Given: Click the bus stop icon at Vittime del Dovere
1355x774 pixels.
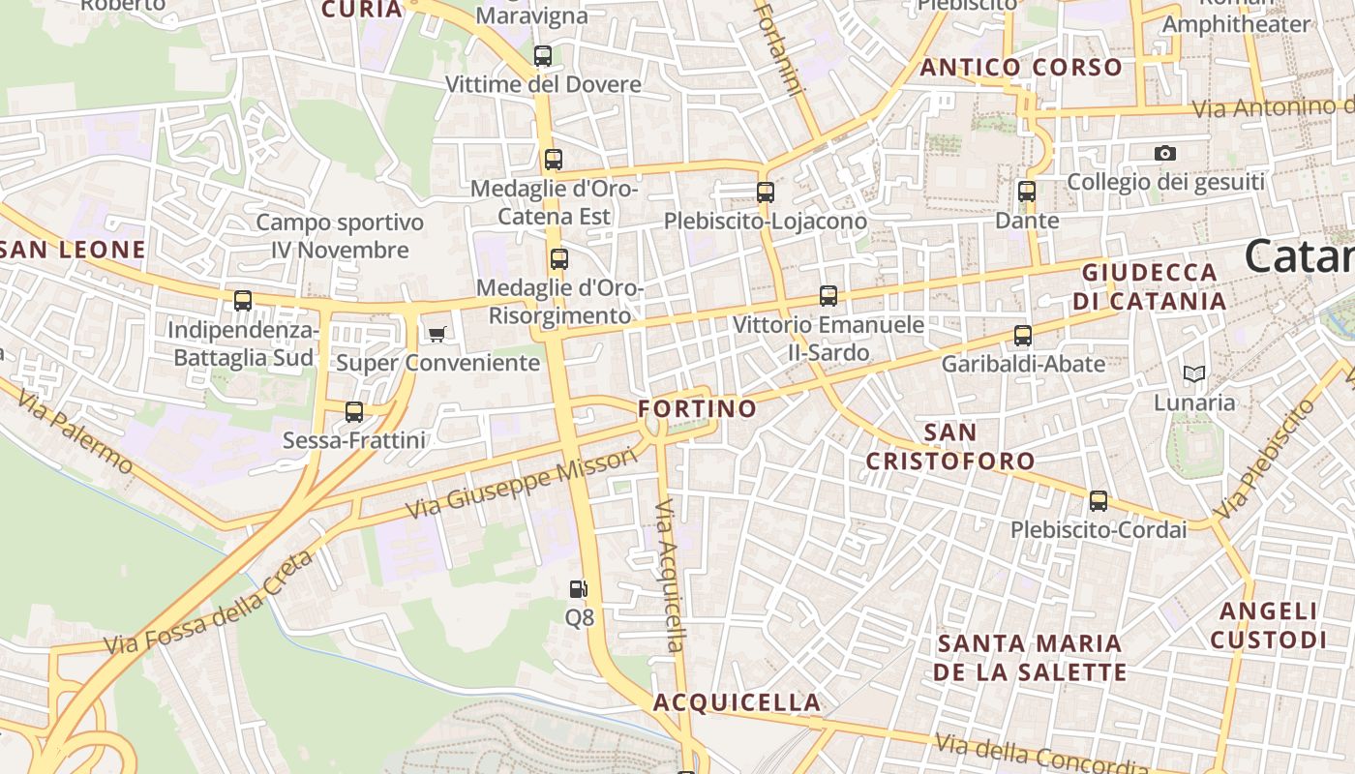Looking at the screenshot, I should [x=543, y=56].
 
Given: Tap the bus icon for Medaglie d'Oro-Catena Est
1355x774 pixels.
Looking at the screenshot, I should [x=554, y=160].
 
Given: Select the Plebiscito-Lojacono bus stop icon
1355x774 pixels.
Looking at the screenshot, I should [x=766, y=192].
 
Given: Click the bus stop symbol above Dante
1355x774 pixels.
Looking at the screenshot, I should [x=1027, y=192].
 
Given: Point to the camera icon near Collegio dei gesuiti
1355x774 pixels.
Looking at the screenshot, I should [x=1165, y=153].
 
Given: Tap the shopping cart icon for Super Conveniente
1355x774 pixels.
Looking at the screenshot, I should [x=437, y=335].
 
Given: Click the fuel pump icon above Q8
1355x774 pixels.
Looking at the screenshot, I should [x=578, y=588].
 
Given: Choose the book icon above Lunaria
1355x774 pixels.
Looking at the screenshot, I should [x=1194, y=373].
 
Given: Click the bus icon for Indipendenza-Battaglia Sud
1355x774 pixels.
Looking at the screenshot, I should [x=243, y=300].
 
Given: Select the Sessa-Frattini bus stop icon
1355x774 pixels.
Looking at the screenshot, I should [x=354, y=412].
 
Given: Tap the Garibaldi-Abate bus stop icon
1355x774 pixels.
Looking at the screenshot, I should [x=1023, y=336].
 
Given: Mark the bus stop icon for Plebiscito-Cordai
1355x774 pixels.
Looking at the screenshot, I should [x=1099, y=501].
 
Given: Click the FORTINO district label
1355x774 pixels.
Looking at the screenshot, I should [x=697, y=409].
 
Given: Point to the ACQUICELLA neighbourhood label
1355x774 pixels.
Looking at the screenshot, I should [x=737, y=702].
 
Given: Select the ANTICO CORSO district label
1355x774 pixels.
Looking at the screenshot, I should [x=1021, y=68].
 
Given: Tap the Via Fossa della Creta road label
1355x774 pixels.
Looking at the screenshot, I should [x=209, y=602].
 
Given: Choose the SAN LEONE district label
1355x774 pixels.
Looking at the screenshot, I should [x=74, y=250].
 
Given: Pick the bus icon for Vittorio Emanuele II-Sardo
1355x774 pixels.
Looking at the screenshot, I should [x=828, y=296].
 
